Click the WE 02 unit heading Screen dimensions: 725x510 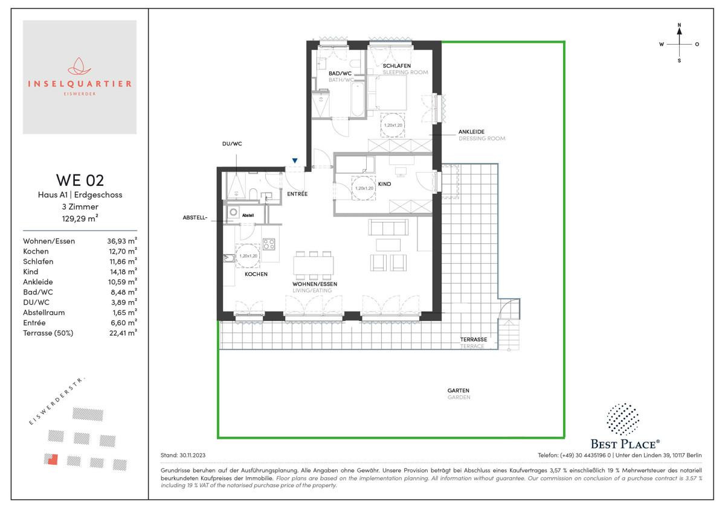pos(80,180)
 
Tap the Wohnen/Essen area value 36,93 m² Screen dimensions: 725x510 pos(122,241)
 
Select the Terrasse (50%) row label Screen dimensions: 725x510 pos(48,333)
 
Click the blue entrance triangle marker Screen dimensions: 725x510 pos(295,161)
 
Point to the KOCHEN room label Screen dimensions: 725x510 pos(256,274)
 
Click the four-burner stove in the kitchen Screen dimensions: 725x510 pos(269,244)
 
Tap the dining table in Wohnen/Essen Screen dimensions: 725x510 pos(314,265)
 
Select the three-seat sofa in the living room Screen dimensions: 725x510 pos(388,227)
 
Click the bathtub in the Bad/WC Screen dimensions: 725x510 pos(357,99)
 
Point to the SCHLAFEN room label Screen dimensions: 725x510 pos(396,66)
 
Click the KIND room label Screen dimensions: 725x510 pos(384,183)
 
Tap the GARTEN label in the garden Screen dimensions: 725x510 pos(458,390)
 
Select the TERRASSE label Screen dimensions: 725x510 pos(474,339)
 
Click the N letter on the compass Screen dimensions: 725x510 pos(679,25)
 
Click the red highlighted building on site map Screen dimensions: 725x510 pos(51,459)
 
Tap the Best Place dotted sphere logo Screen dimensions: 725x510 pos(623,419)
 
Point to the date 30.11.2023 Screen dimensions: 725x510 pos(192,455)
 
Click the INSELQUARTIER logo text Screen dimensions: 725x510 pos(80,84)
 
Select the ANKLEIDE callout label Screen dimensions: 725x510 pos(471,132)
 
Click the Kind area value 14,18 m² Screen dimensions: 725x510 pos(123,272)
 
